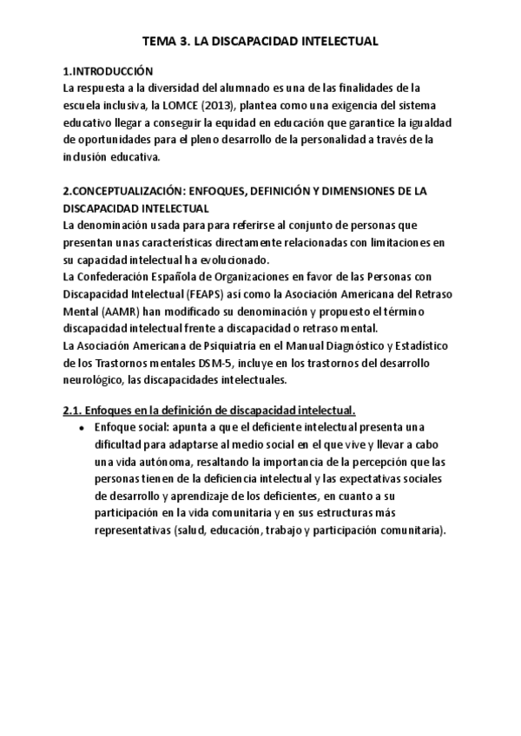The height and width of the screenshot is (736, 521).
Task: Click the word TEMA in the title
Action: (x=159, y=41)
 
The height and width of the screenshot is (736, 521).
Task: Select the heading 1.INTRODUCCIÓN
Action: (x=109, y=71)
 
